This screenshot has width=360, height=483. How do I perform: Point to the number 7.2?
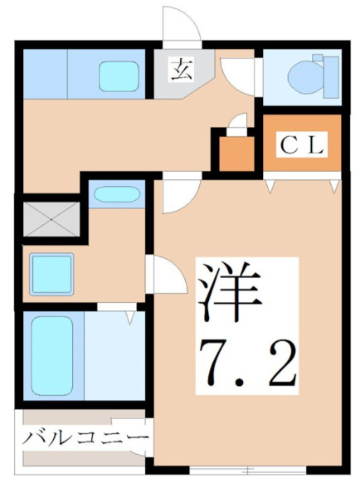tap(246, 360)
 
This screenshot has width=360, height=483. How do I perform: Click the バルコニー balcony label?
tap(85, 437)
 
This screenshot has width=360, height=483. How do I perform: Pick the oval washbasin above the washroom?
tap(116, 196)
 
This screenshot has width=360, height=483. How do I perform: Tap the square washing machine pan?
tap(51, 271)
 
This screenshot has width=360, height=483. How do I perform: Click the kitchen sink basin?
tap(121, 76)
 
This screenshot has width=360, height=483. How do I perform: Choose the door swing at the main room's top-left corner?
tap(178, 194)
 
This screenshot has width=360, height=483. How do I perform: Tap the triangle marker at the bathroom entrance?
tap(129, 315)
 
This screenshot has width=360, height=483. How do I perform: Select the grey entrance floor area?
tap(178, 83)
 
